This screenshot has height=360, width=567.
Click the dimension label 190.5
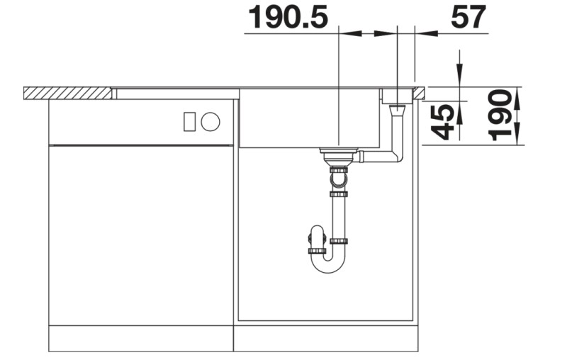tap(287, 17)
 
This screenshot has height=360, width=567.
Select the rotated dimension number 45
tap(444, 121)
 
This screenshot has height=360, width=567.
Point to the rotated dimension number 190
tap(501, 116)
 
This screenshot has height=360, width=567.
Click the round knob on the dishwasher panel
tap(210, 122)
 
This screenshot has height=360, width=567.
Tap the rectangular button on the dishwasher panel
tap(189, 122)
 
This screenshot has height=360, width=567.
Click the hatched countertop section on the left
tap(67, 93)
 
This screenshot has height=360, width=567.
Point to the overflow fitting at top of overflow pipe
tap(398, 109)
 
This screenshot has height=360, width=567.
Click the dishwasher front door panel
tap(141, 234)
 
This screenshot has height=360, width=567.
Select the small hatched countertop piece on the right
tap(420, 92)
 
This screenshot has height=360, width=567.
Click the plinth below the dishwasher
tap(141, 338)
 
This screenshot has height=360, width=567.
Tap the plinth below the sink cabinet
tap(327, 338)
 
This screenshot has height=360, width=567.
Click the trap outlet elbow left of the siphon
tap(316, 240)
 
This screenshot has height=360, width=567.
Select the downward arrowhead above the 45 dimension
tap(460, 77)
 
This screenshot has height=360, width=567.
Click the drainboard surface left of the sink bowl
tap(177, 93)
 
